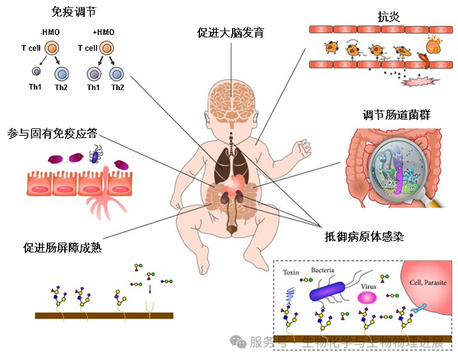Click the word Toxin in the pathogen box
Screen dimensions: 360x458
(293, 272)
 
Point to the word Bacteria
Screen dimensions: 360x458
(324, 270)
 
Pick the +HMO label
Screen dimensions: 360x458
(104, 32)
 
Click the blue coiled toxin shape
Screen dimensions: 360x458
(292, 293)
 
